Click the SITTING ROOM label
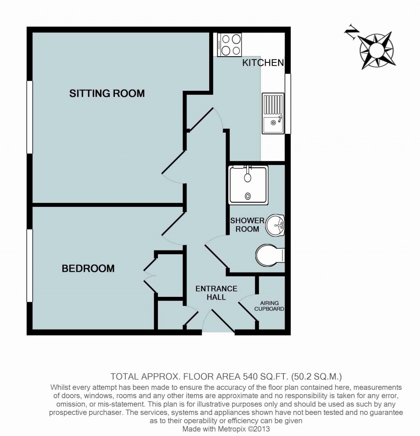(107, 93)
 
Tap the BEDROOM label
(88, 268)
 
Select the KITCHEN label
(263, 63)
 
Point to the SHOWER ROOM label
(247, 225)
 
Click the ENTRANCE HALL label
(216, 292)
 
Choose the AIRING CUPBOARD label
(269, 306)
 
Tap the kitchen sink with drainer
(273, 113)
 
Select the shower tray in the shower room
(248, 185)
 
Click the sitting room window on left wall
(30, 117)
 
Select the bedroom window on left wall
(30, 265)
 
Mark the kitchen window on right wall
(288, 103)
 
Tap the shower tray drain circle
(247, 196)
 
